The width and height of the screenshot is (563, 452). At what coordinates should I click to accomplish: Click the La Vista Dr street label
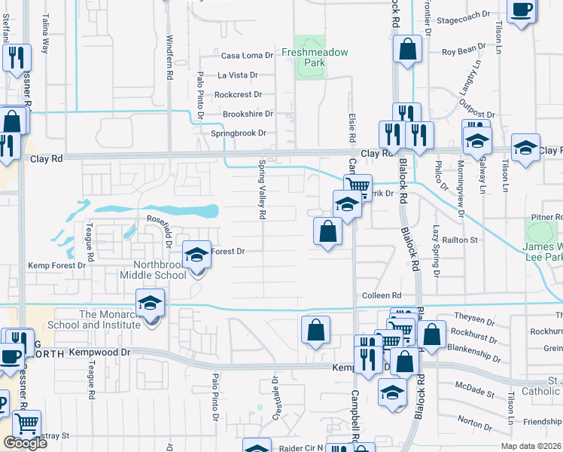point(237,75)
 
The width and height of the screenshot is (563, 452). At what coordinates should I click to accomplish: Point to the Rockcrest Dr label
point(238,95)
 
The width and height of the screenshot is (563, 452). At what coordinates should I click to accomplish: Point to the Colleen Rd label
point(382,296)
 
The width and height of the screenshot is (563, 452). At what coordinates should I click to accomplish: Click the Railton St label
point(464,240)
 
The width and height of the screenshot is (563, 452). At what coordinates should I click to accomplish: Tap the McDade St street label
point(474,393)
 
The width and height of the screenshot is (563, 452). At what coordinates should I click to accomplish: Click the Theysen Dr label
point(474,316)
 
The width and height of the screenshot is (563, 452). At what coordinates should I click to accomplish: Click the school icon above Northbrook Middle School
point(196,255)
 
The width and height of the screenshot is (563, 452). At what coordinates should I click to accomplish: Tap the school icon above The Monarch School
point(151,303)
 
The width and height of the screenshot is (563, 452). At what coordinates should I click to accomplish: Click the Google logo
point(25,443)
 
